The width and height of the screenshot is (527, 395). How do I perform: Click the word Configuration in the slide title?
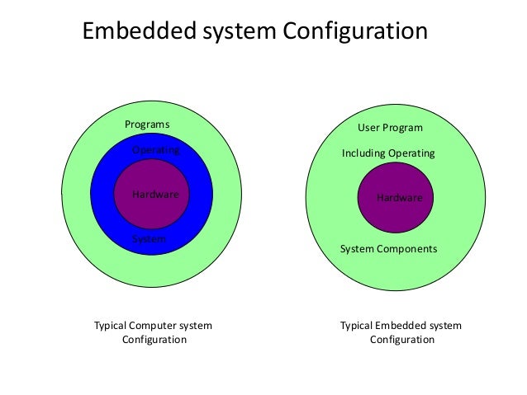tap(355, 31)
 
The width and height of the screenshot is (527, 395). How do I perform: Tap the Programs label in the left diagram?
tap(147, 125)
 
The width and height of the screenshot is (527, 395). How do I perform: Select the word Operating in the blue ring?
tap(156, 151)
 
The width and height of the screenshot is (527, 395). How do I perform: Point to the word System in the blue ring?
tap(150, 239)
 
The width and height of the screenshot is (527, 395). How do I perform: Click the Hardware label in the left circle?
tap(155, 195)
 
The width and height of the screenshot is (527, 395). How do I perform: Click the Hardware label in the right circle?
tap(399, 198)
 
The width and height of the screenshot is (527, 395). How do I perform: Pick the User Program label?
tap(390, 129)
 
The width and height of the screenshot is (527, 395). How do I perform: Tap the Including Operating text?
tap(388, 154)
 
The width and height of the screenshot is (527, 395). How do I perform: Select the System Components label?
tap(388, 248)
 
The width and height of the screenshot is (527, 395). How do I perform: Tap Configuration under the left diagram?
tap(154, 340)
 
